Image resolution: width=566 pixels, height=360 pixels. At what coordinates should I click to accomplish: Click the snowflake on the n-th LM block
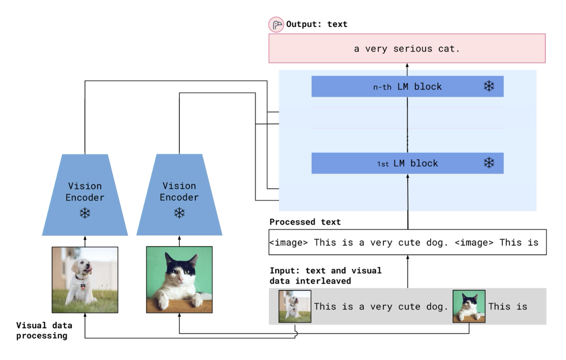pyautogui.click(x=489, y=86)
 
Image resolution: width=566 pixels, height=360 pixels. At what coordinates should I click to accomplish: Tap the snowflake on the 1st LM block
pyautogui.click(x=489, y=163)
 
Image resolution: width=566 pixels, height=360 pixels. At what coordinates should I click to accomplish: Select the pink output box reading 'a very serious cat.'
pyautogui.click(x=407, y=49)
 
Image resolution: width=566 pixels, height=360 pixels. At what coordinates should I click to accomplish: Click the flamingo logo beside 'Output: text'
pyautogui.click(x=276, y=25)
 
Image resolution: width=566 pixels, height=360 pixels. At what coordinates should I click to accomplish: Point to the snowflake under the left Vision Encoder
pyautogui.click(x=85, y=213)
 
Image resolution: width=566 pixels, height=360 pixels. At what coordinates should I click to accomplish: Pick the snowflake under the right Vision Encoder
pyautogui.click(x=179, y=213)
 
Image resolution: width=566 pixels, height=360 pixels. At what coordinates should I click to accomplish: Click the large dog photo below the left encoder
pyautogui.click(x=85, y=280)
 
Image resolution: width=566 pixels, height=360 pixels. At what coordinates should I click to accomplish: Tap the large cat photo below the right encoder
pyautogui.click(x=179, y=280)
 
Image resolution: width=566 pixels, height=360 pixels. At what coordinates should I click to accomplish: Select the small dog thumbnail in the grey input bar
pyautogui.click(x=295, y=306)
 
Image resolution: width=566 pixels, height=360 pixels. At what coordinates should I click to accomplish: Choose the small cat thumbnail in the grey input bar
pyautogui.click(x=469, y=306)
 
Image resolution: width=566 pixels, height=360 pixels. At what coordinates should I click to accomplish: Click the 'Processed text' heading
pyautogui.click(x=305, y=222)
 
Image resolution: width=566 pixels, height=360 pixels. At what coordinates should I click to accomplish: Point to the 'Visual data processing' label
pyautogui.click(x=44, y=330)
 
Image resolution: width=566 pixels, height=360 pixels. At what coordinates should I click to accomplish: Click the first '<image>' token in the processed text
pyautogui.click(x=289, y=243)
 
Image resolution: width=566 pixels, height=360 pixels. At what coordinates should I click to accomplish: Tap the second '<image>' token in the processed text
pyautogui.click(x=474, y=243)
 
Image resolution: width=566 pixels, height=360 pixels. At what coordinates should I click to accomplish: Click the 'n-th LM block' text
pyautogui.click(x=407, y=87)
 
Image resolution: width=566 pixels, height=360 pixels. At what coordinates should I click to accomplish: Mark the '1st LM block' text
pyautogui.click(x=407, y=163)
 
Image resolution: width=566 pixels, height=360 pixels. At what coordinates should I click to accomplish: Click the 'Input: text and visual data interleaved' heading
pyautogui.click(x=325, y=275)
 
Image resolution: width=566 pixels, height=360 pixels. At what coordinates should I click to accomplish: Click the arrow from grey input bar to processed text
pyautogui.click(x=408, y=271)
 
